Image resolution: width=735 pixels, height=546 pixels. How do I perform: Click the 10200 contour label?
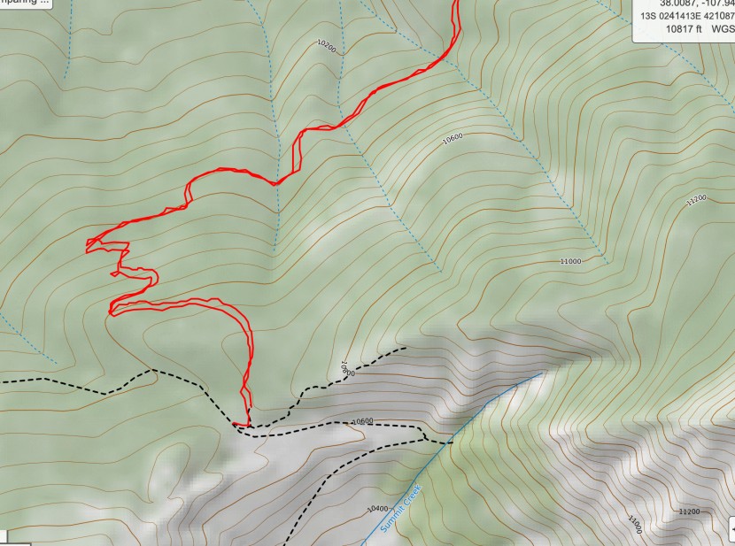[x=326, y=44]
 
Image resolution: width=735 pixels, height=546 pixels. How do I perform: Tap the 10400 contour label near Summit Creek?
[x=376, y=508]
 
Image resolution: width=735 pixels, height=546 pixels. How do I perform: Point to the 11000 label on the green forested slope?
[x=570, y=261]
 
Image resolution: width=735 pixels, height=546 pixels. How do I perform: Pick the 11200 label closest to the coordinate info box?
[x=696, y=200]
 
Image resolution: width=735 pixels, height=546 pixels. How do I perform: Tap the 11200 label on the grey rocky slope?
[x=688, y=511]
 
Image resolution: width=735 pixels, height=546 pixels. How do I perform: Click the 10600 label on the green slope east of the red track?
[x=452, y=137]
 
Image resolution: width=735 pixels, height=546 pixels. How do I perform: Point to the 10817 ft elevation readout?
[x=683, y=27]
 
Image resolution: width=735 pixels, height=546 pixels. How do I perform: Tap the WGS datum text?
[x=723, y=27]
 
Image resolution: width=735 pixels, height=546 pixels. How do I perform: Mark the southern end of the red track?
[x=236, y=424]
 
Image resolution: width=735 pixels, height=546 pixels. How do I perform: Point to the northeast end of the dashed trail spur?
[x=406, y=348]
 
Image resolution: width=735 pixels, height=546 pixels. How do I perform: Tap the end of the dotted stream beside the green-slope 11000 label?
[x=607, y=263]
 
